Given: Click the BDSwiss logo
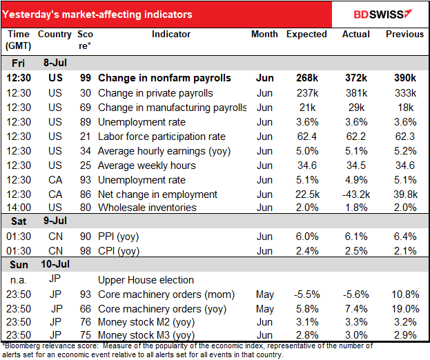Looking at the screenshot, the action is tap(383, 14).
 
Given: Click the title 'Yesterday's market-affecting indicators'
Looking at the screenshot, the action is tap(97, 14).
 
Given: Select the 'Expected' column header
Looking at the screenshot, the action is tap(306, 34).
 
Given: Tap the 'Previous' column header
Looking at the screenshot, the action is tap(404, 34).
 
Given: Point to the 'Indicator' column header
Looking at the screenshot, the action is tap(171, 34).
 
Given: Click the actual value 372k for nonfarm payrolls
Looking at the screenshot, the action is tap(356, 78).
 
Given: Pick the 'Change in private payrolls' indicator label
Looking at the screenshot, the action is tap(155, 93).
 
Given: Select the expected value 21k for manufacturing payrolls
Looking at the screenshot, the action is tap(307, 108).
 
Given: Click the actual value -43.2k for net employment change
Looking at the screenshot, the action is tap(356, 194).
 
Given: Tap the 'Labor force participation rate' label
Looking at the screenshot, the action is tap(162, 137).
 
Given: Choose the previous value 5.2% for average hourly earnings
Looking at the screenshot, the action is tap(405, 151).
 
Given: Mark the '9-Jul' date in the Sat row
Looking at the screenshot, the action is tap(55, 221).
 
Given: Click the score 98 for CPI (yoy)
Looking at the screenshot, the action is tap(86, 251).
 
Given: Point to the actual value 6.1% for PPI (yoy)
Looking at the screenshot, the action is tap(356, 237).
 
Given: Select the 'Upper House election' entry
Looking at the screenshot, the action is tap(146, 280).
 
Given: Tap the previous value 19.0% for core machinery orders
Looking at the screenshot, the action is tap(405, 309).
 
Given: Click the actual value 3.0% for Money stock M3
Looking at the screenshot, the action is tap(356, 335).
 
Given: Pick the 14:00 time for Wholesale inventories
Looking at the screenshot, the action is tap(19, 208).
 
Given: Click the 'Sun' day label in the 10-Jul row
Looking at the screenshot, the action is tap(19, 265).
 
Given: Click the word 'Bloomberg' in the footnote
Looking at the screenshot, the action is tap(22, 346).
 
